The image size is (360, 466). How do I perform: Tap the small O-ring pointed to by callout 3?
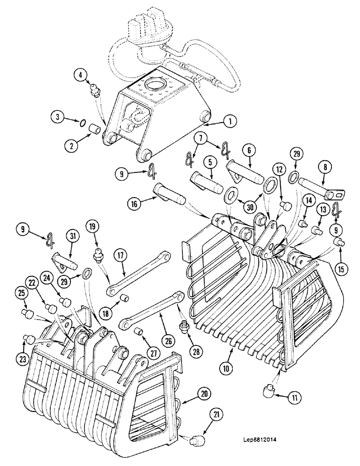coord(83,123)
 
